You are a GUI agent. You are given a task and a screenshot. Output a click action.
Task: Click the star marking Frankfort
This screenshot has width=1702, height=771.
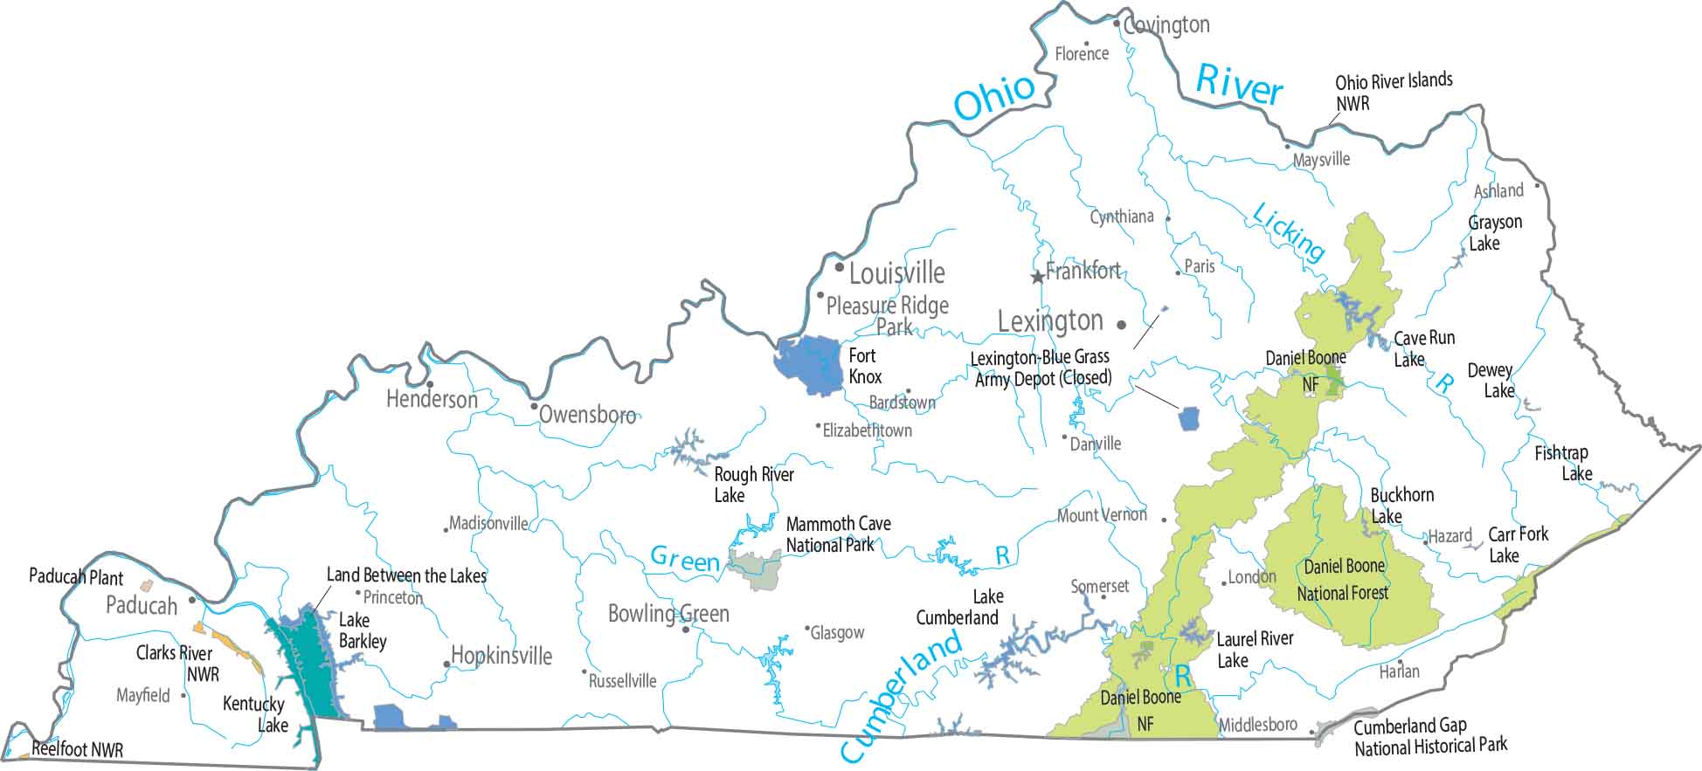coord(1037,278)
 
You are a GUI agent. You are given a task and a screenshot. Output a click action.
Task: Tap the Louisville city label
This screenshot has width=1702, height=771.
coord(896,273)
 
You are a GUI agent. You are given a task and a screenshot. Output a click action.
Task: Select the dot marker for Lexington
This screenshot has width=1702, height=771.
coord(1122,325)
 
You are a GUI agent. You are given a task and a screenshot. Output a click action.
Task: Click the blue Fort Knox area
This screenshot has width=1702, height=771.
coord(807,365)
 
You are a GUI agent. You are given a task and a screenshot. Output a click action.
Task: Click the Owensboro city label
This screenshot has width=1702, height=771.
coord(587,414)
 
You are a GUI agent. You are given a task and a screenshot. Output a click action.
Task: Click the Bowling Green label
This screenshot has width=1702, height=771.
coord(668,614)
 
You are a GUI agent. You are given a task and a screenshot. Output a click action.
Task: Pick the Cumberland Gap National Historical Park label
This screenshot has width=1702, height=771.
coord(1429,736)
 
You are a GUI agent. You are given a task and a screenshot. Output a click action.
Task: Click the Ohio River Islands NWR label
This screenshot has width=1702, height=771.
coord(1393,92)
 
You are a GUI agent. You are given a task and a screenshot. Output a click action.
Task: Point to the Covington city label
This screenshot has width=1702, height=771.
coord(1166,25)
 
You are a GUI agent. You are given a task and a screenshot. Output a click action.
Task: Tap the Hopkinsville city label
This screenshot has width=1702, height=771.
coord(502,656)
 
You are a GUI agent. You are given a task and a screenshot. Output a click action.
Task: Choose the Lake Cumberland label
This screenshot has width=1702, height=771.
coord(957,607)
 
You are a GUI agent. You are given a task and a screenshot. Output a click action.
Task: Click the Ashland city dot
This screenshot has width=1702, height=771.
coord(1537,186)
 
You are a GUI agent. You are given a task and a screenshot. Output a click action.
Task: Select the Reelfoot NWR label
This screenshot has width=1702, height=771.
coord(77,749)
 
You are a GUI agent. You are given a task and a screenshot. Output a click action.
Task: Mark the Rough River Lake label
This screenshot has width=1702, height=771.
coord(753,485)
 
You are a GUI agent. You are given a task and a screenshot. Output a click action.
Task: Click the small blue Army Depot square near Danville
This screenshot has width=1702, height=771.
coord(1189,418)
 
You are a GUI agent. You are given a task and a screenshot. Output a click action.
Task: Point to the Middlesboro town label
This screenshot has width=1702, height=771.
coord(1257,725)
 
